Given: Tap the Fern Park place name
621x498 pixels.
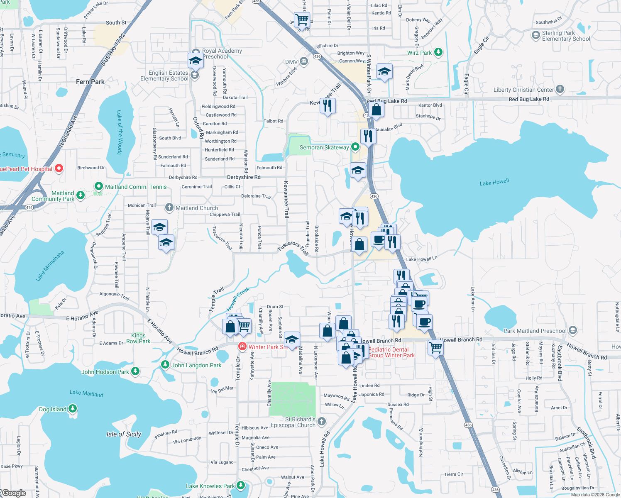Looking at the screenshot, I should click(90, 82).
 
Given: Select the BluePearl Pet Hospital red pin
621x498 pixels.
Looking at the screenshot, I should click(59, 168).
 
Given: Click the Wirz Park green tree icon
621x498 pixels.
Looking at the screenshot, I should click(438, 52).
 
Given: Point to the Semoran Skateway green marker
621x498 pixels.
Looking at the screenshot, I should click(355, 147).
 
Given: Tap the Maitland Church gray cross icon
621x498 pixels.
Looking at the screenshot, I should click(169, 207).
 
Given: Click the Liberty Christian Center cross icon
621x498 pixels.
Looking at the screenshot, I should click(560, 89).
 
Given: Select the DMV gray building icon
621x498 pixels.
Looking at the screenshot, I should click(303, 62).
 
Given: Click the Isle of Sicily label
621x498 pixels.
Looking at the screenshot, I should click(124, 434).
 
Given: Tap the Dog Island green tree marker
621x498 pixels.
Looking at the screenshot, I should click(73, 409).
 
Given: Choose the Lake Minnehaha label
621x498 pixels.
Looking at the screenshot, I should click(50, 266).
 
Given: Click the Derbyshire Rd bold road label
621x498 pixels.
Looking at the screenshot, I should click(244, 177).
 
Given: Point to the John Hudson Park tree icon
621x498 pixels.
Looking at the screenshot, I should click(135, 371).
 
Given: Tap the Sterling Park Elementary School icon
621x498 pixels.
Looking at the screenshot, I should click(535, 36).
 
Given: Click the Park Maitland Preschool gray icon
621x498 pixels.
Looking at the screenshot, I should click(573, 330).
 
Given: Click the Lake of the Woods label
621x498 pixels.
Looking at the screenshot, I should click(120, 132).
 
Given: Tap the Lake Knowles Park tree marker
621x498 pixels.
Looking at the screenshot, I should click(241, 486).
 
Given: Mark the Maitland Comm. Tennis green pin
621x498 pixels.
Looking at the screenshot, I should click(98, 186).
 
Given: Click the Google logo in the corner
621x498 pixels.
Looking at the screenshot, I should click(14, 493).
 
